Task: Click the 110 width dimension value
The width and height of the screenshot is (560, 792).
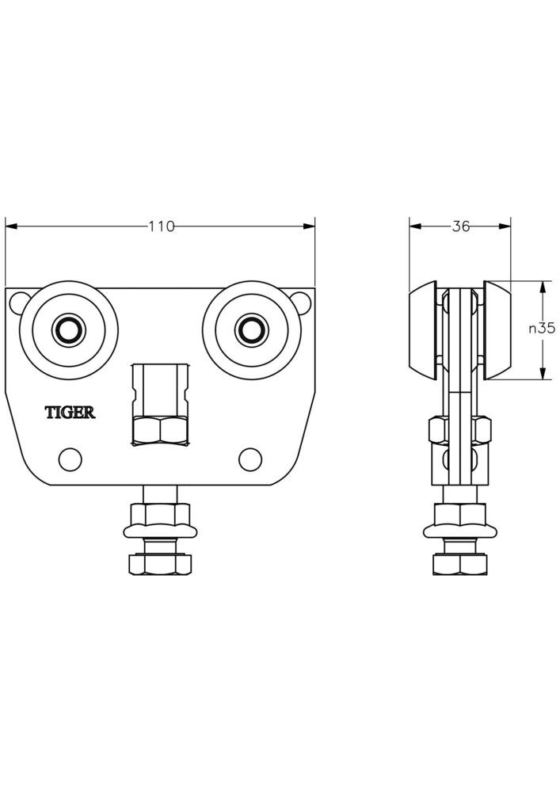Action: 161,227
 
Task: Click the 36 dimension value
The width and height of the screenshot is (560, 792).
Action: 460,227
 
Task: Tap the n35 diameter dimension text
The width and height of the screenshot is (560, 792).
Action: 542,329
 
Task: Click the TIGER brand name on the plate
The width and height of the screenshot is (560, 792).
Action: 70,412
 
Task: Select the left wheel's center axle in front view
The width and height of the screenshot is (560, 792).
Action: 69,329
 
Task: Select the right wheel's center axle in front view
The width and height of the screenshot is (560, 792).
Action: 252,329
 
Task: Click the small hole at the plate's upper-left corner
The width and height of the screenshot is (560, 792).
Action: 22,301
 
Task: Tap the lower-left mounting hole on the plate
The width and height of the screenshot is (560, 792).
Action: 70,458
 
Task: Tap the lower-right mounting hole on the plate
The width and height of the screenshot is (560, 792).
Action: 250,458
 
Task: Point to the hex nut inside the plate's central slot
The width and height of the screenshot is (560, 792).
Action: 160,430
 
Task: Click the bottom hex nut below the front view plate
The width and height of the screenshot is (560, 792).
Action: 160,564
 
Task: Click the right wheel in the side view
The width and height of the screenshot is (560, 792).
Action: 498,329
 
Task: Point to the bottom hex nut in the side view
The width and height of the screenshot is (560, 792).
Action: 460,564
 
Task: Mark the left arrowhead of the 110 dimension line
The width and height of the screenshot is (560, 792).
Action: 10,227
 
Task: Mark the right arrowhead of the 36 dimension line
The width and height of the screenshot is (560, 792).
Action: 506,227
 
